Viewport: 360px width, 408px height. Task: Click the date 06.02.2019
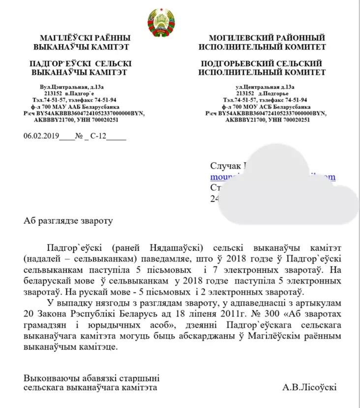pos(41,138)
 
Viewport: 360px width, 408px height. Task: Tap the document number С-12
pos(98,138)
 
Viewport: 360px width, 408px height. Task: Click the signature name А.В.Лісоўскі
pos(309,387)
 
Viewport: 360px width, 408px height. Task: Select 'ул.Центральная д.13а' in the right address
pos(265,87)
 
